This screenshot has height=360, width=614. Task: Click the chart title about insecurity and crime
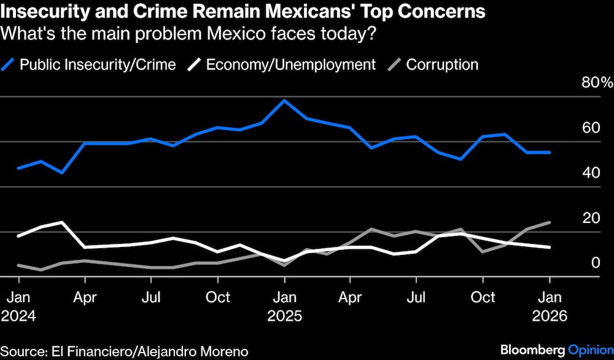click(244, 12)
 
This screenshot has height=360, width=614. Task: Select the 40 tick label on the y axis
click(590, 173)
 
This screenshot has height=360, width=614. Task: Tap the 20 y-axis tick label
click(590, 218)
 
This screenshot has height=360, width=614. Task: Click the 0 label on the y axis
click(594, 263)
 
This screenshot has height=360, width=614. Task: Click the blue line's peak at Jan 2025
click(284, 100)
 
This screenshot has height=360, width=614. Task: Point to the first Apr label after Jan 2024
click(85, 297)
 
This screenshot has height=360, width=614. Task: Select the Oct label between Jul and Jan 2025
click(217, 297)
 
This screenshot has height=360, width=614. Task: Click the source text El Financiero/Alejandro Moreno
click(125, 351)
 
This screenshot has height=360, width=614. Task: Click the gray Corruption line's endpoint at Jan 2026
click(549, 222)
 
